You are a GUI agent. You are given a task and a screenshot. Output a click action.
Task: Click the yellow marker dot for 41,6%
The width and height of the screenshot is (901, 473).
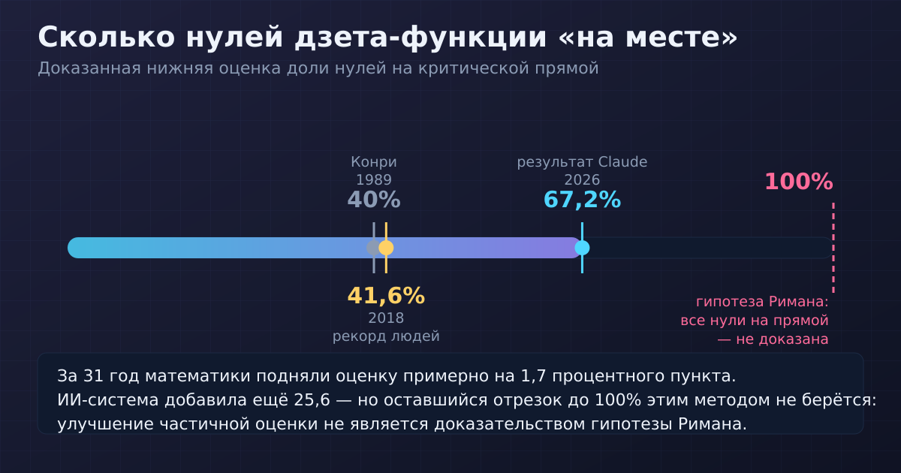[x=386, y=248]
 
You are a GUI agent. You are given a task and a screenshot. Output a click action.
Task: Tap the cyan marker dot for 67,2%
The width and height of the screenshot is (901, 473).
[x=582, y=248]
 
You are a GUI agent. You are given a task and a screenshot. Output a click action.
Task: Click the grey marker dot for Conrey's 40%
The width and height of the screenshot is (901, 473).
[x=373, y=248]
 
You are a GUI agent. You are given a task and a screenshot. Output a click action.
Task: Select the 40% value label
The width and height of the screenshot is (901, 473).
[x=374, y=200]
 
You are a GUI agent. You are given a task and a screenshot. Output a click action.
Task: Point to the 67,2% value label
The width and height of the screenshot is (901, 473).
[x=582, y=200]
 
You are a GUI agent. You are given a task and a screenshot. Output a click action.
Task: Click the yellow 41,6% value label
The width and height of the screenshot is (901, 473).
[x=386, y=296]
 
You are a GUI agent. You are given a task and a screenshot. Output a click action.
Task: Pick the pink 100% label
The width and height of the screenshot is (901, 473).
[x=798, y=182]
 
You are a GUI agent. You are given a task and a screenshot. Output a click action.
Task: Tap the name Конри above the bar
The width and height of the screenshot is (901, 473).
[x=374, y=162]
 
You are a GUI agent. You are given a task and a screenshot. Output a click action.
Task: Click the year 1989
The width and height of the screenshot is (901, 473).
[x=374, y=179]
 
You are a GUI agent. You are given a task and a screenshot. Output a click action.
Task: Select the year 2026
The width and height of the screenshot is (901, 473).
[x=582, y=179]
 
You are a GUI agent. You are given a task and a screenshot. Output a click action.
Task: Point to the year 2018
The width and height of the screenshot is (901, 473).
[x=386, y=318]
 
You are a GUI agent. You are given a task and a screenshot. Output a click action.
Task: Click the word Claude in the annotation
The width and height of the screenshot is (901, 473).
[x=622, y=162]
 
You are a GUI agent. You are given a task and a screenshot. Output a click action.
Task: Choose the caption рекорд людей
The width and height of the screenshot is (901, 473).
[x=386, y=336]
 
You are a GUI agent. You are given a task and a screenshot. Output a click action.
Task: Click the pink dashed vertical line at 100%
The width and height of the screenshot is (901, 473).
[x=833, y=248]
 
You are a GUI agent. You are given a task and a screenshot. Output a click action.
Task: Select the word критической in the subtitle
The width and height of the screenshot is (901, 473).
[x=474, y=68]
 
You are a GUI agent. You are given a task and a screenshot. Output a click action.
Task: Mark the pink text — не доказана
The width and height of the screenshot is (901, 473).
[x=773, y=339]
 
